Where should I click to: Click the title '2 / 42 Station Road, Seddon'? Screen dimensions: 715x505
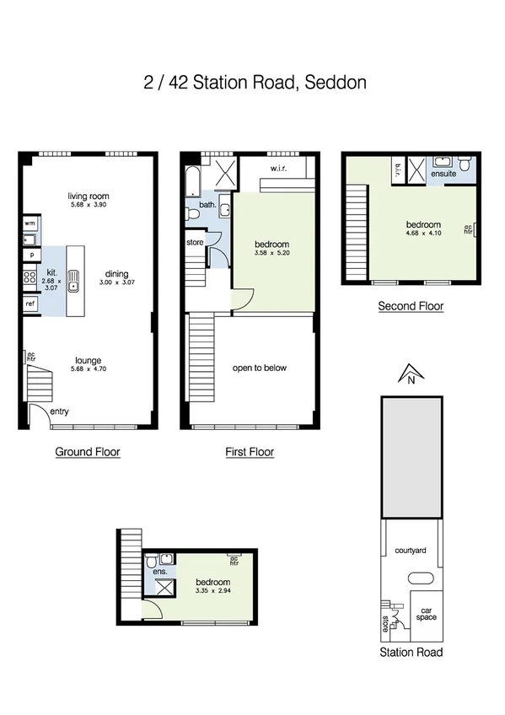coord(254,83)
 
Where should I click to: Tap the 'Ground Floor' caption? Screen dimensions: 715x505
coord(88,452)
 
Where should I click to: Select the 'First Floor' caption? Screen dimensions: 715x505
coord(250,452)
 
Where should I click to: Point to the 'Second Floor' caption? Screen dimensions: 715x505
coord(411,306)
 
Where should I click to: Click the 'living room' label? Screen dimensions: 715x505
coord(89,196)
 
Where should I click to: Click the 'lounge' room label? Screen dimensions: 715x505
coord(89,359)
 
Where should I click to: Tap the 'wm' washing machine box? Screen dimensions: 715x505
coord(30,223)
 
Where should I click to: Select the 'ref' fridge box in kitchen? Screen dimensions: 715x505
coord(30,303)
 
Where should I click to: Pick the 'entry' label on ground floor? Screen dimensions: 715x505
coord(61,411)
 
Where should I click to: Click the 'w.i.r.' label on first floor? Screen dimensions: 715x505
coord(280,168)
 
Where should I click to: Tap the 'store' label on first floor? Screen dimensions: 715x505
coord(195,243)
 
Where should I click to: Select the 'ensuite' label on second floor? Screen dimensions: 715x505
coord(443,173)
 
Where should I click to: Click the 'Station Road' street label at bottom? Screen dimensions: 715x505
coord(411,652)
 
